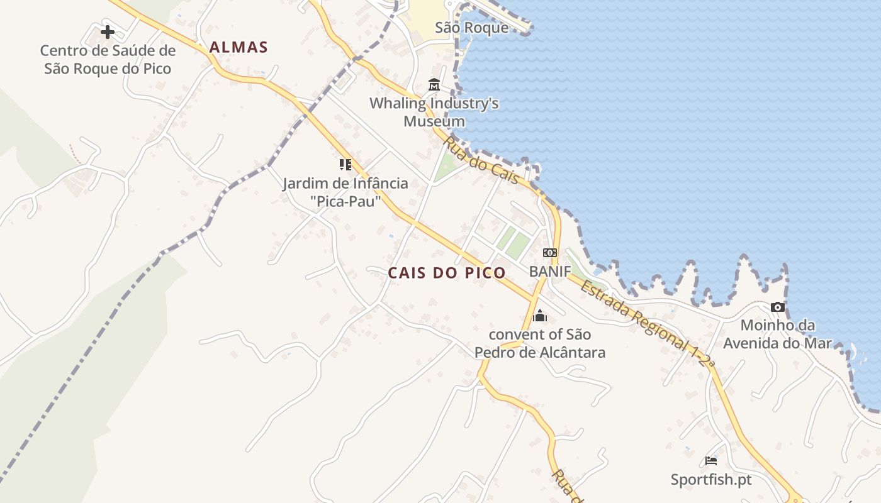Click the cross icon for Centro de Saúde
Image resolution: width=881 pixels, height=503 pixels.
point(108,31)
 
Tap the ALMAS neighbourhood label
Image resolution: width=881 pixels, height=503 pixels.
point(238,47)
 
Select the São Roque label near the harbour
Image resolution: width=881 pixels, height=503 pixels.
point(471,28)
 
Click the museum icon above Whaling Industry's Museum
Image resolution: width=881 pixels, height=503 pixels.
point(434,85)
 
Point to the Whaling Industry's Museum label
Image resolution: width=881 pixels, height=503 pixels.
point(434,112)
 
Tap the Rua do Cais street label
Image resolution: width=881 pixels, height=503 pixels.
point(481,160)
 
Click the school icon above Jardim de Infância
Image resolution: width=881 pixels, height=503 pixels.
point(345,165)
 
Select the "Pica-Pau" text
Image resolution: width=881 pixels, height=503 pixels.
point(346,202)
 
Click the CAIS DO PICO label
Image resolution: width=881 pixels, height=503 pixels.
point(447,273)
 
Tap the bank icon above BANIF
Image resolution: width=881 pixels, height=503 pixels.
point(549,253)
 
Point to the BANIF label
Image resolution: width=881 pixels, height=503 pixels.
point(549,272)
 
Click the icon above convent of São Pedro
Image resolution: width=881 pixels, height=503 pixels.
point(539,316)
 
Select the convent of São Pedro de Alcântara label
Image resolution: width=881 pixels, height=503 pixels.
point(540,343)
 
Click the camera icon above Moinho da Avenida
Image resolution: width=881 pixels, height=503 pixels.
point(778,307)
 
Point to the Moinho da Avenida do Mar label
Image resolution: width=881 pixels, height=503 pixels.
point(778,334)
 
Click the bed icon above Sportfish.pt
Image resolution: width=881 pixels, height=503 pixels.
point(711,461)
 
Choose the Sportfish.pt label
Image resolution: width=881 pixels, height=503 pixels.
point(711,480)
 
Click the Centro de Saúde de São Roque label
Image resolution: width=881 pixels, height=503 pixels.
point(108,60)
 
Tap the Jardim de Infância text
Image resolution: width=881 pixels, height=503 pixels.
point(345,184)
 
